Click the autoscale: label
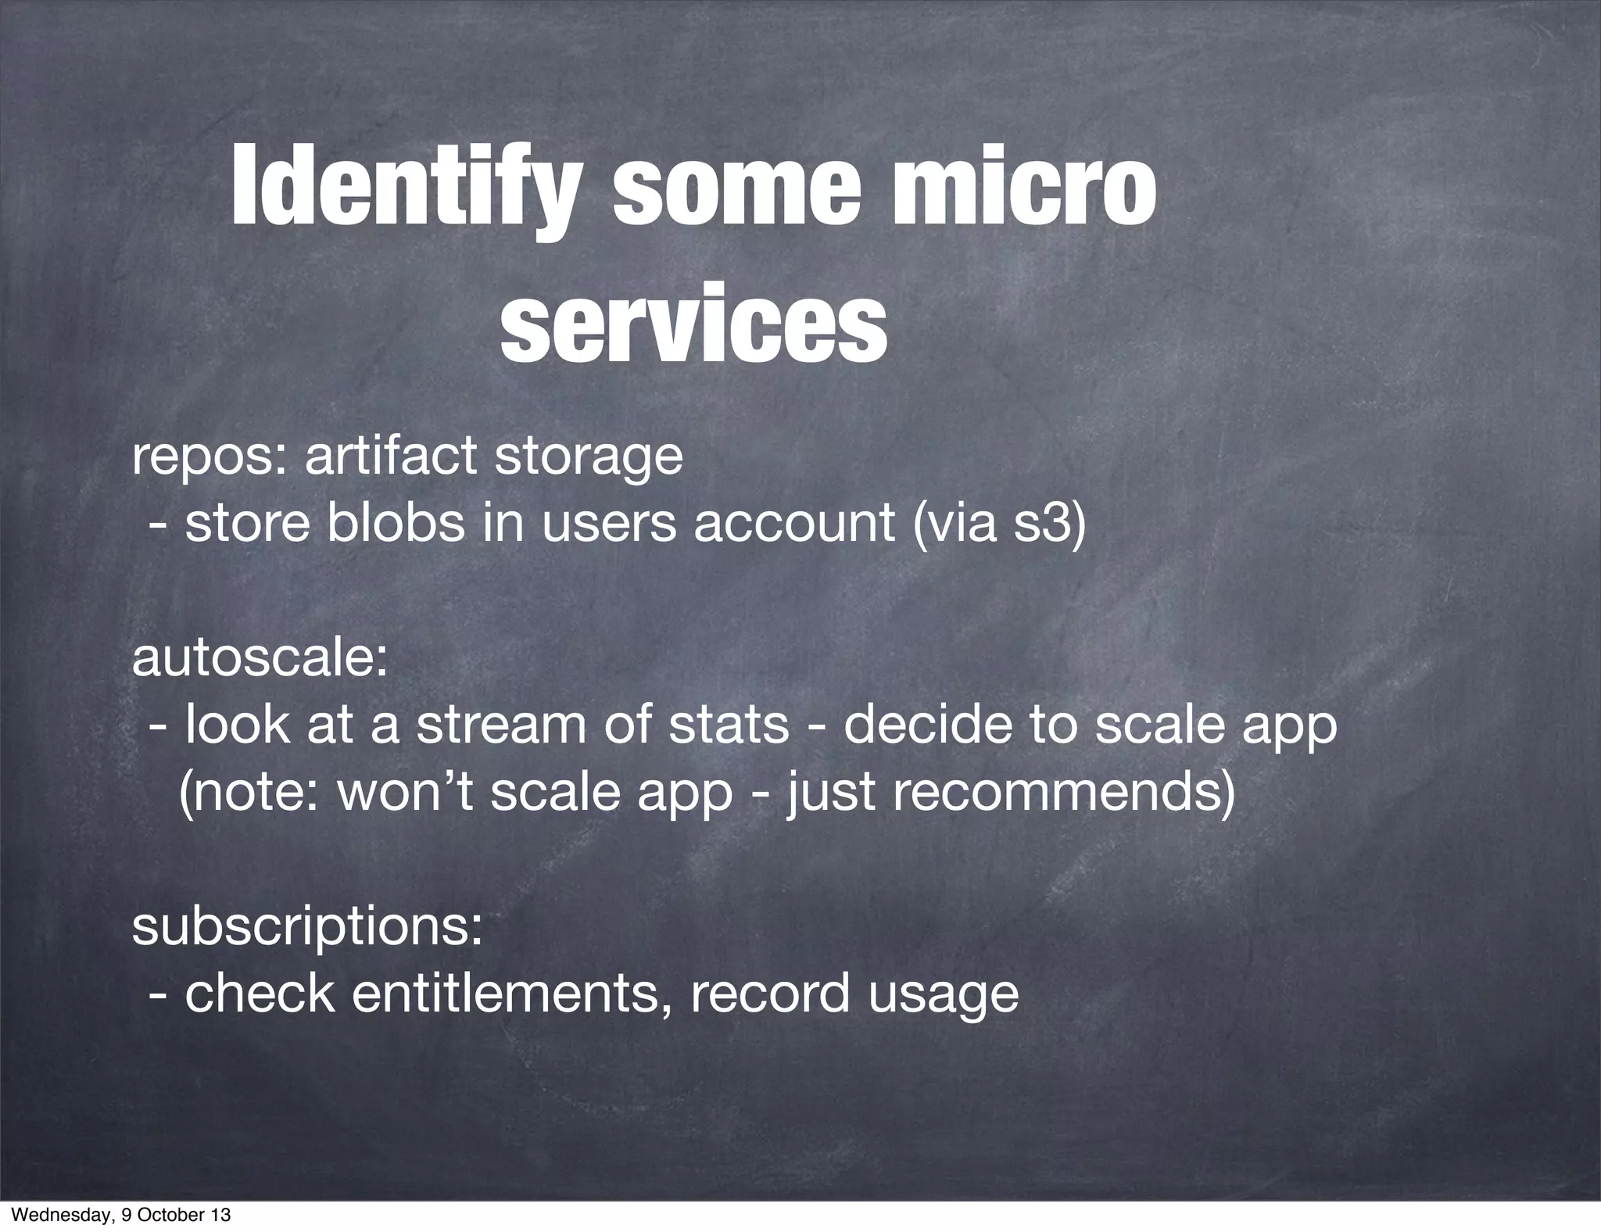tap(260, 657)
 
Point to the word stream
tap(500, 725)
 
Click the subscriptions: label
tap(306, 926)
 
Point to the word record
tap(768, 994)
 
